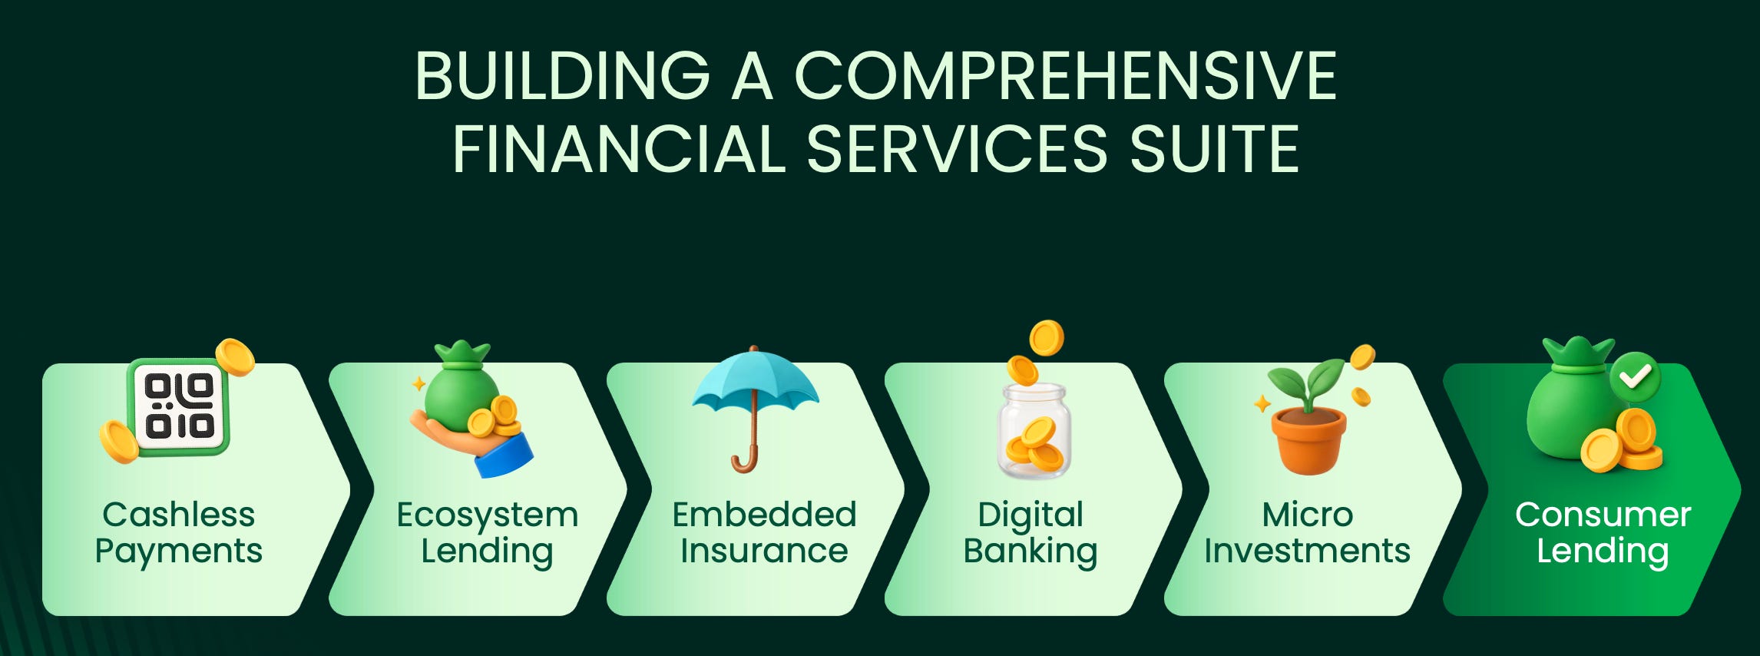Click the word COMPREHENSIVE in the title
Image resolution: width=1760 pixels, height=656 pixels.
click(x=1065, y=76)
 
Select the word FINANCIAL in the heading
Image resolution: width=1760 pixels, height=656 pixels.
click(x=619, y=149)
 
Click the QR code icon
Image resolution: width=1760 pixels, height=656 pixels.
click(x=179, y=407)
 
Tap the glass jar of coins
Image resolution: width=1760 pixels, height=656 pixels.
click(x=1034, y=431)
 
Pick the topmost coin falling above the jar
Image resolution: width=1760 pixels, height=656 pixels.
click(x=1046, y=338)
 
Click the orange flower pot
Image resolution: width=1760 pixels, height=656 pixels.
click(x=1308, y=440)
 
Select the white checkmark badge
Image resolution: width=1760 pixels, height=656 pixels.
click(x=1635, y=377)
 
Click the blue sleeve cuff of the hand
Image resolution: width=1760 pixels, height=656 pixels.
click(x=504, y=456)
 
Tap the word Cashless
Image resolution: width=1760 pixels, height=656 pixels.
click(x=178, y=515)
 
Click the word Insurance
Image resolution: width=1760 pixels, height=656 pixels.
click(x=764, y=551)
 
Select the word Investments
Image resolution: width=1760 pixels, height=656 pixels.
click(x=1307, y=551)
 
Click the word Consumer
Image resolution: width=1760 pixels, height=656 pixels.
click(x=1603, y=515)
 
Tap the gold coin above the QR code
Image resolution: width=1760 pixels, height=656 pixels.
click(x=234, y=357)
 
